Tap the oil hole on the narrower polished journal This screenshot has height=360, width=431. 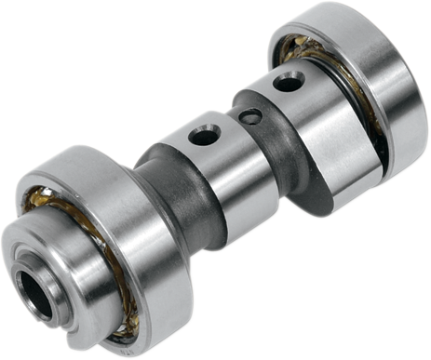click(202, 137)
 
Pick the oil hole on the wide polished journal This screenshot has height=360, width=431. click(288, 82)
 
